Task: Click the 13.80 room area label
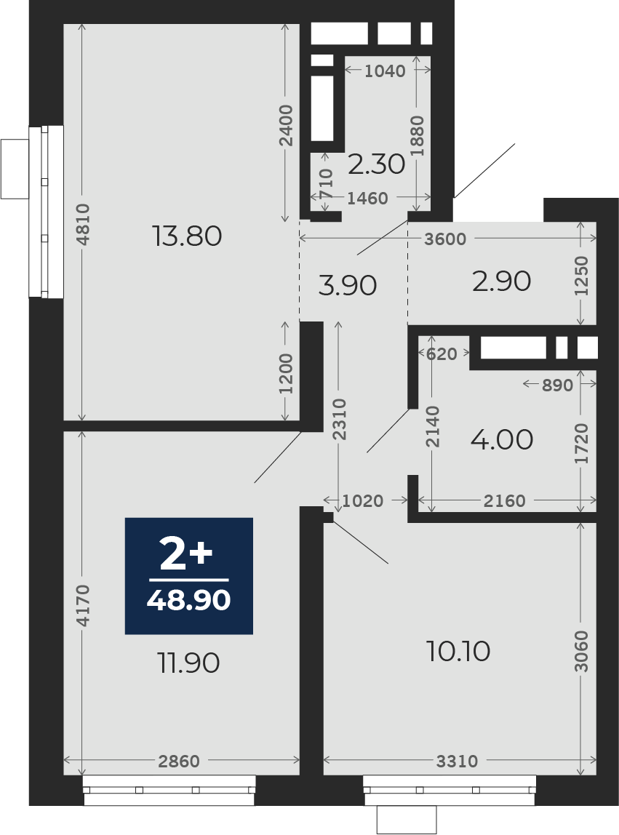187,236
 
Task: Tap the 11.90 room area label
188,663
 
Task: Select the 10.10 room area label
458,651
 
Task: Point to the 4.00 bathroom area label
502,439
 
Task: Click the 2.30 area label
377,164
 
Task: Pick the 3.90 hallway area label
347,285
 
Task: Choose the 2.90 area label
501,281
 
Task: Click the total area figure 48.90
188,600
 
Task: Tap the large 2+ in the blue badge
186,554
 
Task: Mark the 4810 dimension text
83,224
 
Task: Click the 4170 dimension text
83,605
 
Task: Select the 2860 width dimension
179,762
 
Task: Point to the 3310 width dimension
457,762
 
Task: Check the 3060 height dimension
582,651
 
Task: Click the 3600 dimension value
445,239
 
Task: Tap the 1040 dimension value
385,71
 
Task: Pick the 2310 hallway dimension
339,419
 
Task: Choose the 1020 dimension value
363,500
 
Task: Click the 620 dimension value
442,353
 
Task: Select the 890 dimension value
557,385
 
